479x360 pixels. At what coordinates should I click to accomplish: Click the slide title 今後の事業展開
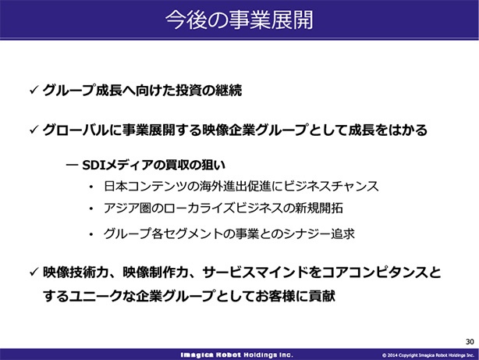[239, 20]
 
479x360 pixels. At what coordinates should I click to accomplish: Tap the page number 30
[470, 341]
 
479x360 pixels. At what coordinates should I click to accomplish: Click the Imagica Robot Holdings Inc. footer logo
[236, 355]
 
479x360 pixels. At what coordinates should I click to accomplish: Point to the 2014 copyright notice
[428, 355]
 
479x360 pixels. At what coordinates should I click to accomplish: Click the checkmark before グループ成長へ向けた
[34, 90]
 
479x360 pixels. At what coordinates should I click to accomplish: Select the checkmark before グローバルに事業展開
[34, 130]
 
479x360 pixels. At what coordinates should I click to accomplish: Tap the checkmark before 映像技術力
[34, 272]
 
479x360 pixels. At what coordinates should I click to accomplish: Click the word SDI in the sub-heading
[94, 166]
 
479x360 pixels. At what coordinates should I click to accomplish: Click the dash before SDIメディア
[72, 166]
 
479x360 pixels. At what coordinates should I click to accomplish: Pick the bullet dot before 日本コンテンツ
[91, 187]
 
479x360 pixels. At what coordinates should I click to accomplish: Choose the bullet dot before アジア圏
[91, 209]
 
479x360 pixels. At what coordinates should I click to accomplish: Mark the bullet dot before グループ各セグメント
[91, 234]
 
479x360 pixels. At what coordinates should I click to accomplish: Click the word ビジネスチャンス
[331, 187]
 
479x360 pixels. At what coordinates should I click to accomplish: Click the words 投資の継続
[202, 90]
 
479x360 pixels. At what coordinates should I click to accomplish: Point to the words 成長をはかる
[388, 130]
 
